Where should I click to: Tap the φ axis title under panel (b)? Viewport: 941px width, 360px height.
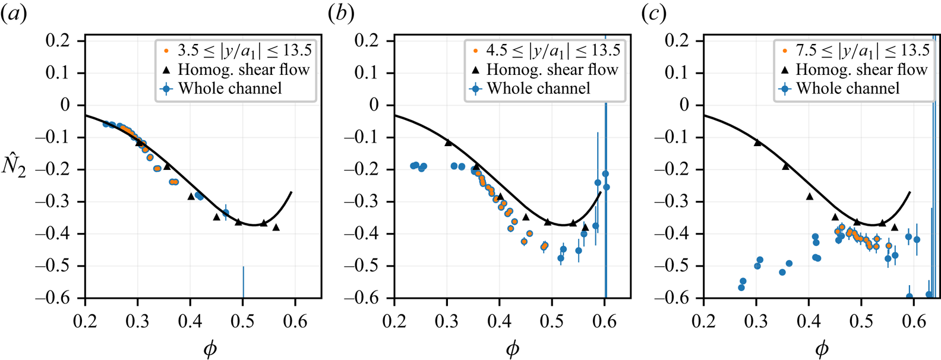(x=512, y=349)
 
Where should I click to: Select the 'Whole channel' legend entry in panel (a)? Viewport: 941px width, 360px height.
(x=230, y=89)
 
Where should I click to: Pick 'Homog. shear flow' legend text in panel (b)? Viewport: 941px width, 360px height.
(x=552, y=70)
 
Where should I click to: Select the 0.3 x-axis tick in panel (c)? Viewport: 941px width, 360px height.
(x=756, y=321)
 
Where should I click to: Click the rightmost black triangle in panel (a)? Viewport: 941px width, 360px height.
(x=276, y=227)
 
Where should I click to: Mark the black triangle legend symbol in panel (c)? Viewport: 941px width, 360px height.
(x=785, y=70)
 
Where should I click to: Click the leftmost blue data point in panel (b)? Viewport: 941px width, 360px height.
(x=413, y=166)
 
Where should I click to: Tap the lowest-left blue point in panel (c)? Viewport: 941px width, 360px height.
(x=741, y=288)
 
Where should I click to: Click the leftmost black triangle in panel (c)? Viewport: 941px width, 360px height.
(x=757, y=142)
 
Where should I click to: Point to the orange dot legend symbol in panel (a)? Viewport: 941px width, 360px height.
(x=166, y=50)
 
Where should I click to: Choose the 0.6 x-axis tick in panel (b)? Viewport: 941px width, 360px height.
(x=604, y=321)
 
